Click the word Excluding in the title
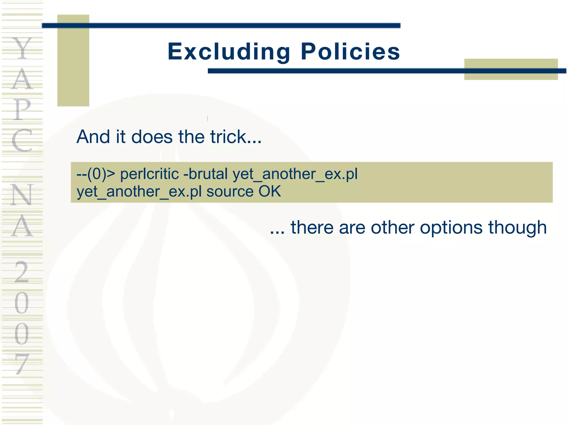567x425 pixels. (x=229, y=52)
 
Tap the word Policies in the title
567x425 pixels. (x=350, y=52)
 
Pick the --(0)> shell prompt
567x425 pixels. (x=96, y=174)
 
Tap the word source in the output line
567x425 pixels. (x=230, y=191)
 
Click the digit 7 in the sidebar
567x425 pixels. (x=22, y=364)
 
